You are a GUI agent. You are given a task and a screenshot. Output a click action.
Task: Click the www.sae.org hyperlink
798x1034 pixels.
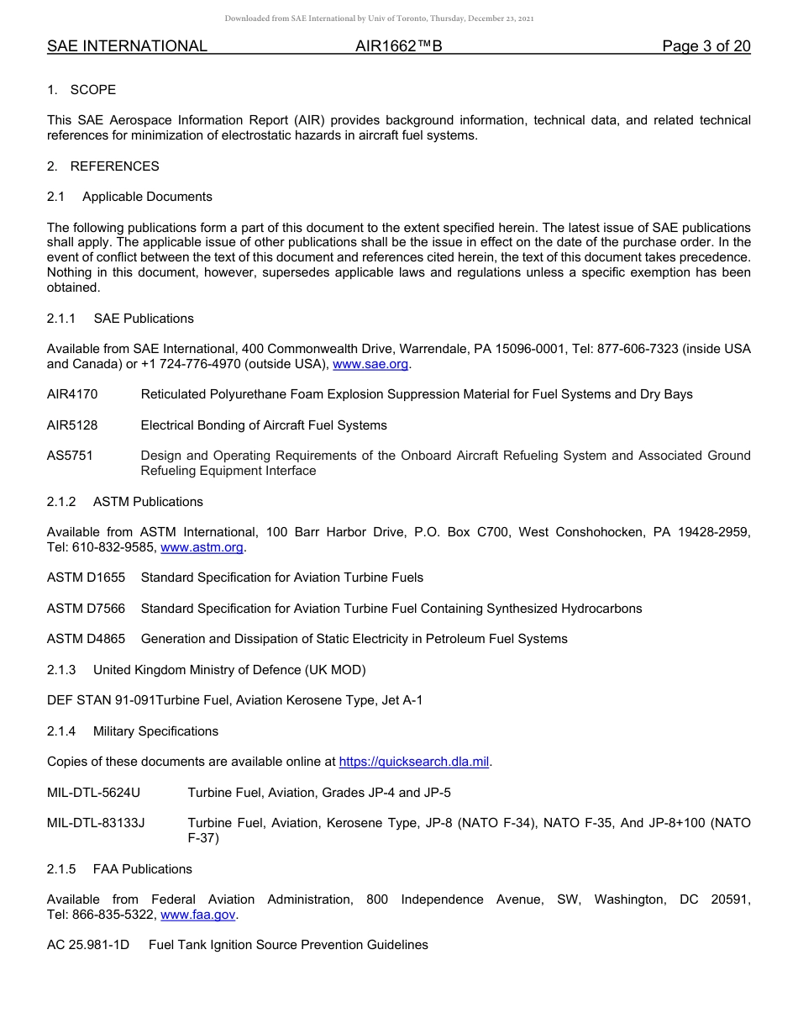pos(370,364)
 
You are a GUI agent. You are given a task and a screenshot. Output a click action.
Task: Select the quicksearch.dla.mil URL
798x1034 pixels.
pos(414,762)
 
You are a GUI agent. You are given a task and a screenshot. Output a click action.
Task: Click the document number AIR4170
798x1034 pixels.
pos(72,394)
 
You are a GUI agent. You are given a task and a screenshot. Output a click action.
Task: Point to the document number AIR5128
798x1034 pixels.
pos(72,425)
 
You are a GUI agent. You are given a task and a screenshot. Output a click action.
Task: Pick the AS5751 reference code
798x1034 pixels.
pos(70,456)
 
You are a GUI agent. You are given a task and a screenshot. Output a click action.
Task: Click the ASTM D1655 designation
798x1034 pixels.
pos(86,578)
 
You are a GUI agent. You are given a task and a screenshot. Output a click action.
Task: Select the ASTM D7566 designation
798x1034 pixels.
pos(86,609)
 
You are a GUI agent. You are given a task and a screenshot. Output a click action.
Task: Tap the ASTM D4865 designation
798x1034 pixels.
pos(86,639)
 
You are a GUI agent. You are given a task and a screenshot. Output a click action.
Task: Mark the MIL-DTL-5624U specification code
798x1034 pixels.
pos(93,793)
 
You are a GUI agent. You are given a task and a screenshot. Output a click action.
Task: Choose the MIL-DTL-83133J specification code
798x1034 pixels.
pos(96,823)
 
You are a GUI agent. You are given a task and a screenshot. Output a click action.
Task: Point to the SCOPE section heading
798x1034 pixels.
pos(92,90)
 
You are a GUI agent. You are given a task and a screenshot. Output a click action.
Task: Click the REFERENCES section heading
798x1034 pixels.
pos(114,166)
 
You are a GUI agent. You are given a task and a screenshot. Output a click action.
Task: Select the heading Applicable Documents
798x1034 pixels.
pos(147,197)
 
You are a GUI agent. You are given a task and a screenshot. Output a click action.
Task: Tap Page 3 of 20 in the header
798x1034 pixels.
pos(706,46)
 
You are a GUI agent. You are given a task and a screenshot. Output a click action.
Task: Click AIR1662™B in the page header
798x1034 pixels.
pos(398,46)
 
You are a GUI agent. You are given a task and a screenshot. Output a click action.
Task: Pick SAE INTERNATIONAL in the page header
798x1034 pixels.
pos(127,46)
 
